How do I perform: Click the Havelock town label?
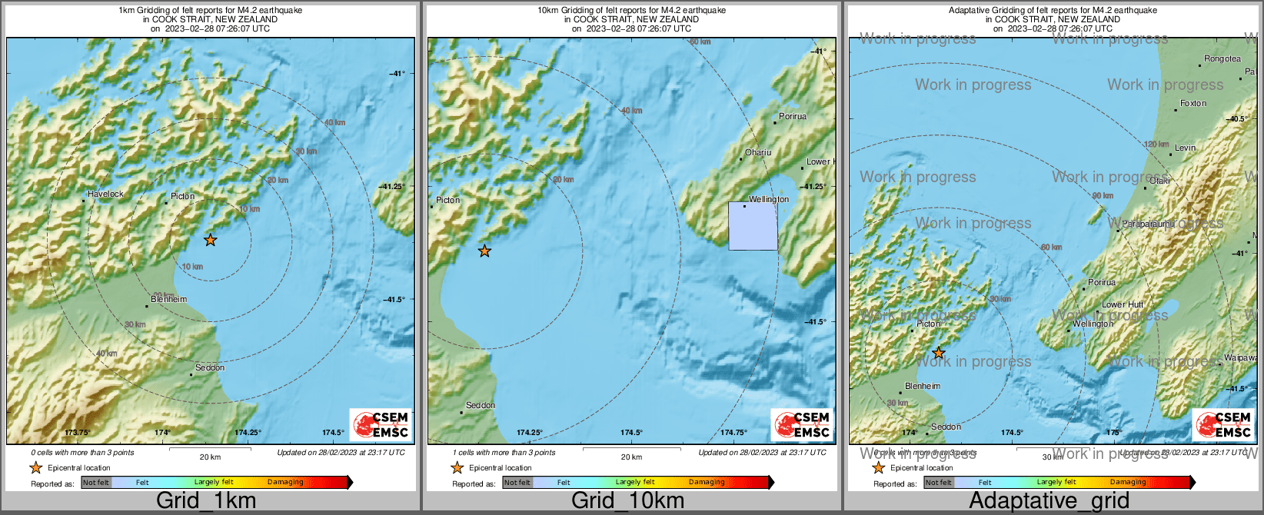[x=105, y=194]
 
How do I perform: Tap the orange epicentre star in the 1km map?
[x=210, y=240]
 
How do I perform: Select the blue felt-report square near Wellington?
[x=753, y=226]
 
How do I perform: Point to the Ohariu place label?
[x=757, y=152]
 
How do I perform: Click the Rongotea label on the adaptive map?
[x=1222, y=59]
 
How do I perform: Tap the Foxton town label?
[x=1193, y=103]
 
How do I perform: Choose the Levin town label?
[x=1185, y=148]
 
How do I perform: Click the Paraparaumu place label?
[x=1147, y=224]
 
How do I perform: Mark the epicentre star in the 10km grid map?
[x=484, y=251]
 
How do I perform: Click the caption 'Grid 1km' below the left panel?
[x=206, y=500]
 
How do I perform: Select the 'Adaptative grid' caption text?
[x=1049, y=500]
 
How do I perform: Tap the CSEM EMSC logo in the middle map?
[x=802, y=424]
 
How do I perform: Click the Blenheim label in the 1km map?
[x=169, y=299]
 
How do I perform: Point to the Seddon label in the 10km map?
[x=481, y=405]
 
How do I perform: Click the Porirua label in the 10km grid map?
[x=793, y=116]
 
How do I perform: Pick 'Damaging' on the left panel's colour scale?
[x=285, y=482]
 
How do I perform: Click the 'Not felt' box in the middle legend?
[x=517, y=483]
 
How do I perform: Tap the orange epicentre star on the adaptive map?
[x=938, y=353]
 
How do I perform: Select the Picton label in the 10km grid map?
[x=447, y=200]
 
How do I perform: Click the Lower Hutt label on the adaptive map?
[x=1123, y=304]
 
